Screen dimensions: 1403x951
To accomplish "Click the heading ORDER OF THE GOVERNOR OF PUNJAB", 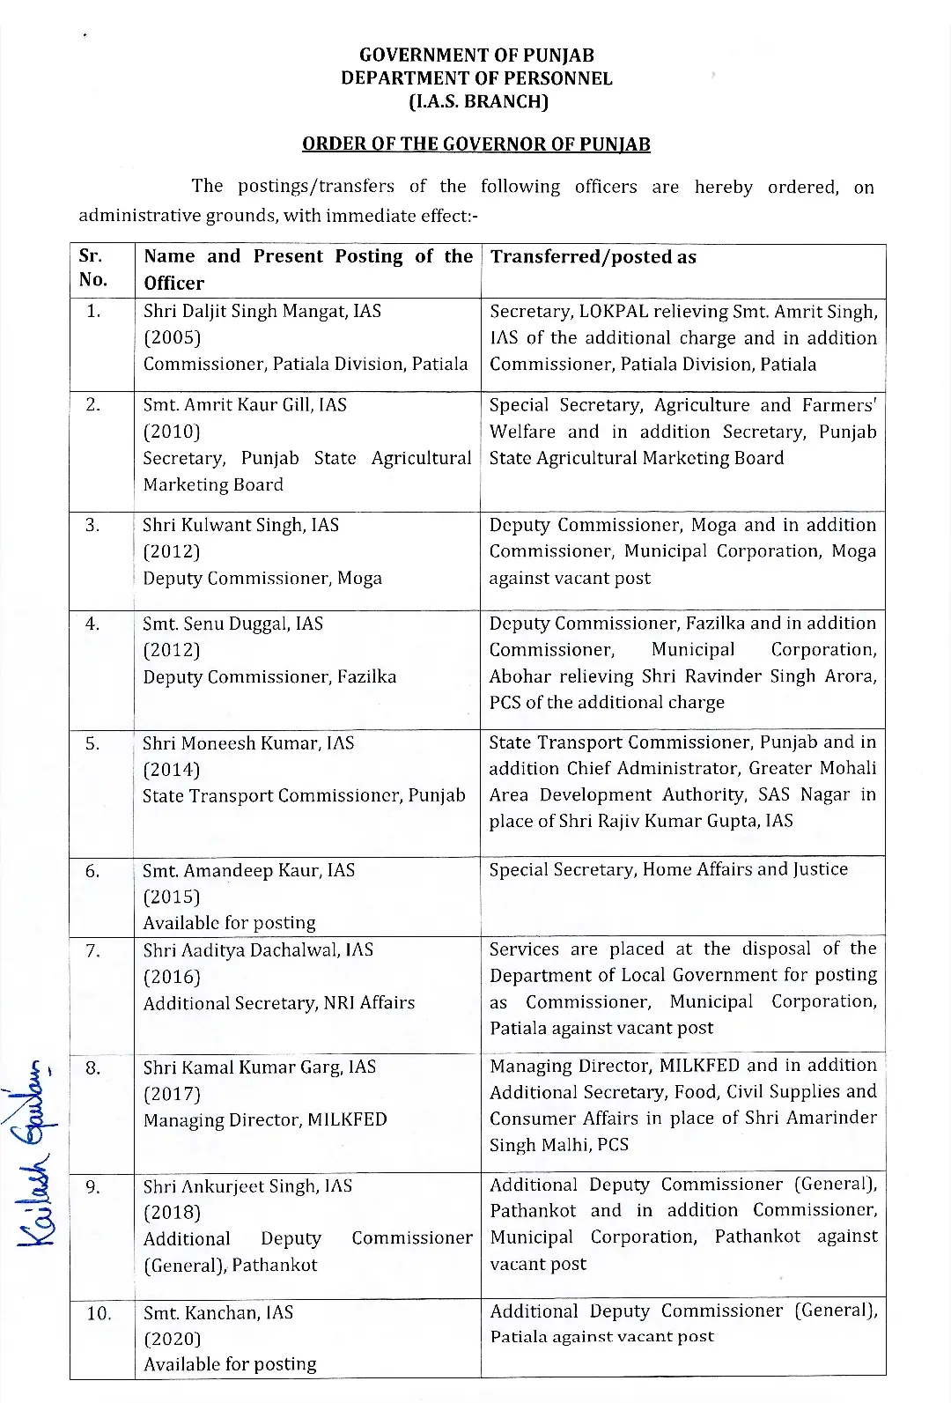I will pos(475,144).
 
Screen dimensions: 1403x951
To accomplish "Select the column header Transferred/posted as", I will pos(593,257).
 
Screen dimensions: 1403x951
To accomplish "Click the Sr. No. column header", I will pos(92,268).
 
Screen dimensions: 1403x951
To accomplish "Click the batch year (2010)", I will pos(172,432).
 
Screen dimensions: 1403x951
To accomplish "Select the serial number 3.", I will pos(93,526).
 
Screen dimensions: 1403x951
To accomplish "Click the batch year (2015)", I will pos(172,897).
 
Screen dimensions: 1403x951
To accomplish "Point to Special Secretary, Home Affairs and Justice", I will pos(668,869).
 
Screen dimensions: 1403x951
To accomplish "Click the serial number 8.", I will pos(93,1068).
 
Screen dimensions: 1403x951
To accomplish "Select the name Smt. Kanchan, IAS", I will pos(218,1312).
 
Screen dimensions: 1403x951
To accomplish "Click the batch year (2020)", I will pos(172,1339).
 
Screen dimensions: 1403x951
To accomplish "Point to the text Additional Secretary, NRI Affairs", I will pos(279,1003).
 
